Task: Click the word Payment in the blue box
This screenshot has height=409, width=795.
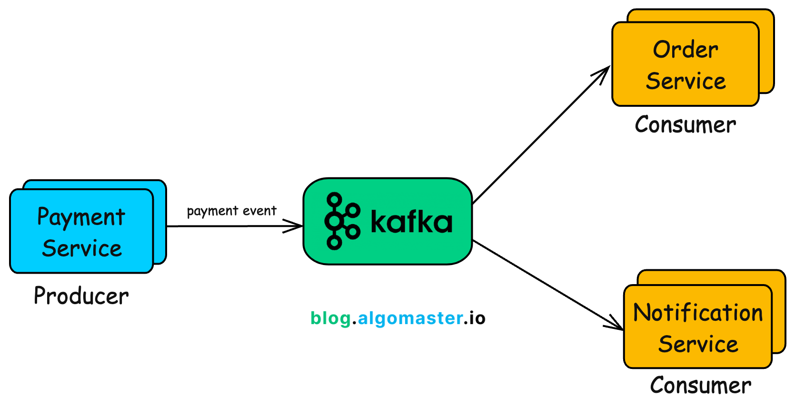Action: pyautogui.click(x=81, y=217)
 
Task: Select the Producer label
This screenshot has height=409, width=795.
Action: pyautogui.click(x=81, y=296)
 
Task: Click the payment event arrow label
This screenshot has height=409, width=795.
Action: pyautogui.click(x=231, y=211)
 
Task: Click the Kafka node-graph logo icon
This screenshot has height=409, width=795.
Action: pyautogui.click(x=341, y=221)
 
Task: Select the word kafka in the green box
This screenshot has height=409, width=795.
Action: pyautogui.click(x=411, y=222)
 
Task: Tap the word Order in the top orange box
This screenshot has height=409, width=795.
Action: pyautogui.click(x=686, y=50)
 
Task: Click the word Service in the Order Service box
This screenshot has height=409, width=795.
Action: pyautogui.click(x=686, y=81)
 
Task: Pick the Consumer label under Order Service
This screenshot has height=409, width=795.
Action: pyautogui.click(x=686, y=125)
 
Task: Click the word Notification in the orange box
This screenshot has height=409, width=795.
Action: pyautogui.click(x=698, y=313)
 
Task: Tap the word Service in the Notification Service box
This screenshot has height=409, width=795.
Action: pyautogui.click(x=698, y=344)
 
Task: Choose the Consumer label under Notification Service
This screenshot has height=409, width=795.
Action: pyautogui.click(x=701, y=386)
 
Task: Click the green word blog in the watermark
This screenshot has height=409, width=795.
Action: pyautogui.click(x=330, y=318)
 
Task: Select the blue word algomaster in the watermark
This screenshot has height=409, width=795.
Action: pyautogui.click(x=410, y=318)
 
